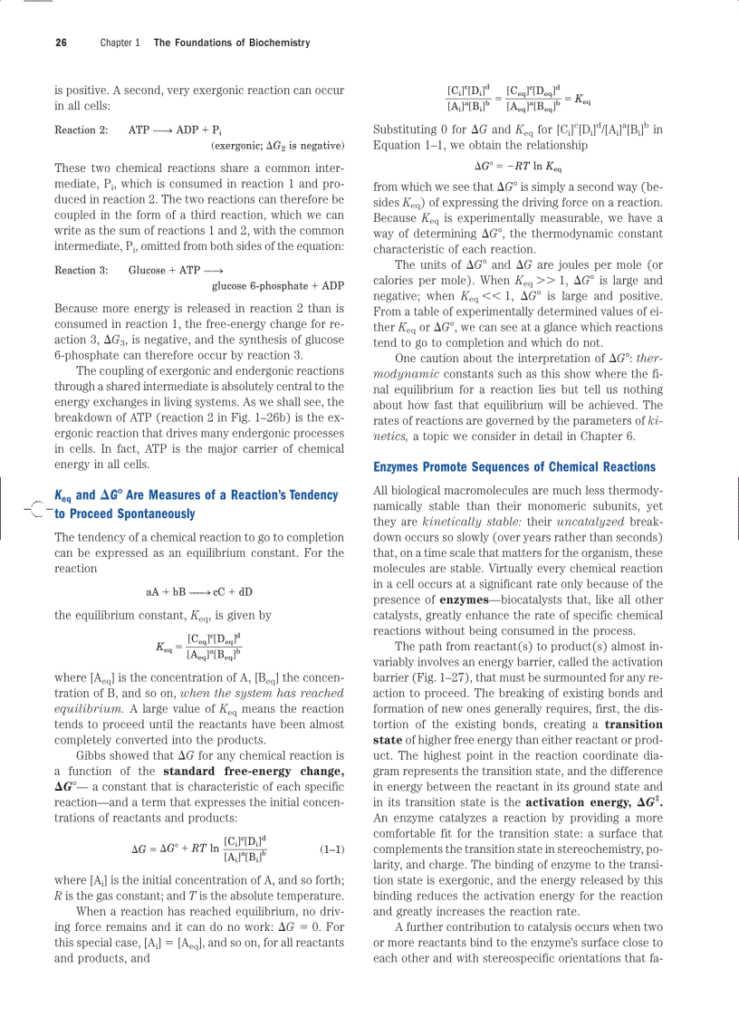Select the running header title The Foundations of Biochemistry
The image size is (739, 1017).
pyautogui.click(x=232, y=43)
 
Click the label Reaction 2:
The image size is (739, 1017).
pyautogui.click(x=82, y=130)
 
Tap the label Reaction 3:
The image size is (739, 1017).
pyautogui.click(x=82, y=270)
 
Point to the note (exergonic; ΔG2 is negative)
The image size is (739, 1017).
pyautogui.click(x=277, y=145)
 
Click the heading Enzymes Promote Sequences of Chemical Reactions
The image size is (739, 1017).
pyautogui.click(x=514, y=467)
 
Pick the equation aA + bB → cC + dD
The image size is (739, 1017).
pyautogui.click(x=199, y=592)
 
